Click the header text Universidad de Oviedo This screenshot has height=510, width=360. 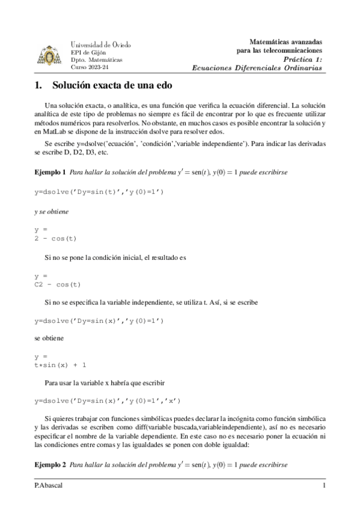pyautogui.click(x=101, y=45)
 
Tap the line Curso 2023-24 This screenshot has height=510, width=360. pyautogui.click(x=88, y=68)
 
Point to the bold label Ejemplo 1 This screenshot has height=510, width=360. pyautogui.click(x=50, y=172)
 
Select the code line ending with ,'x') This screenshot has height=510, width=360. pyautogui.click(x=107, y=400)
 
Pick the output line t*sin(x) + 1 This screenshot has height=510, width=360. pyautogui.click(x=61, y=364)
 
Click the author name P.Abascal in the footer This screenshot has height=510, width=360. pyautogui.click(x=48, y=485)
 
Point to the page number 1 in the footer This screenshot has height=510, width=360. pyautogui.click(x=324, y=485)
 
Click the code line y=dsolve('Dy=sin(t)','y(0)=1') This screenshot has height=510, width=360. pyautogui.click(x=99, y=191)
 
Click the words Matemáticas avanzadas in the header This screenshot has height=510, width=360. pyautogui.click(x=285, y=42)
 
